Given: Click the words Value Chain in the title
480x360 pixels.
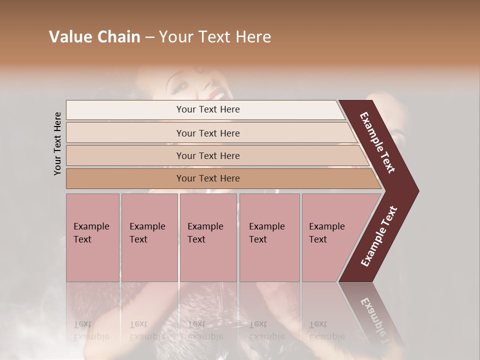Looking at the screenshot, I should (x=94, y=37).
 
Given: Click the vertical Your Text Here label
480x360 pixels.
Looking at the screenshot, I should (x=57, y=143).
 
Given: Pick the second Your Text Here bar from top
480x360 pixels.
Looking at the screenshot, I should (x=208, y=133).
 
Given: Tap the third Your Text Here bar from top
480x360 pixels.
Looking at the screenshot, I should (x=208, y=155).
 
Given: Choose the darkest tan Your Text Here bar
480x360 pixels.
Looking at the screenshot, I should (x=208, y=178).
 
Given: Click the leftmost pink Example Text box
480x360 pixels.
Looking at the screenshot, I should (x=92, y=237).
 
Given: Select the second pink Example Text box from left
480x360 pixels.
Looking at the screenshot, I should (x=149, y=237).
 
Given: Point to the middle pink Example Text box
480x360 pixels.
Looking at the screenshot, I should (x=208, y=237).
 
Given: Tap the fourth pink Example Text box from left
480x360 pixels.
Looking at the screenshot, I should (x=269, y=237).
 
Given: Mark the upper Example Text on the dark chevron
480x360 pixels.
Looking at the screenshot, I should (x=377, y=142).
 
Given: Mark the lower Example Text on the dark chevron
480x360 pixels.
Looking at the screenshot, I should (x=378, y=236).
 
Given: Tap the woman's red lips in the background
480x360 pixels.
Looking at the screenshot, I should (x=216, y=93).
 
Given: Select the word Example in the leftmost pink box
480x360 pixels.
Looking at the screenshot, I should (x=91, y=226).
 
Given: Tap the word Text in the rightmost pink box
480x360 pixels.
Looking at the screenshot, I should (x=318, y=239).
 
